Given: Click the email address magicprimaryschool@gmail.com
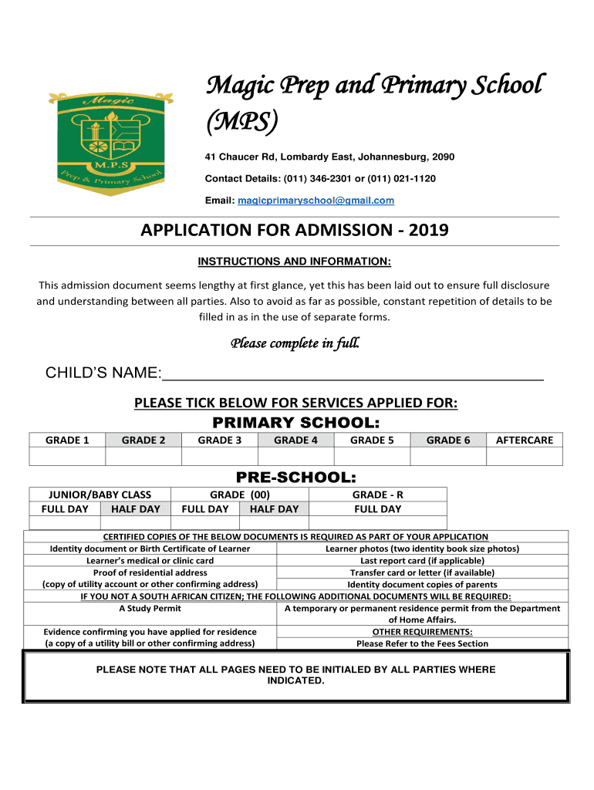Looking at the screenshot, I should click(x=316, y=201).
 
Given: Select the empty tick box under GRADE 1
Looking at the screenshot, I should click(x=67, y=457).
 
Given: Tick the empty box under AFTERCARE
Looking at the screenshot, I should click(x=525, y=457).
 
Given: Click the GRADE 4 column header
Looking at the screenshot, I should click(x=295, y=440).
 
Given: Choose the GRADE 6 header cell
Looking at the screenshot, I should click(x=448, y=440).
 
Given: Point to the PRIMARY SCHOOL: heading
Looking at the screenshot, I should click(x=296, y=422).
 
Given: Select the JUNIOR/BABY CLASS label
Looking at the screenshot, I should click(x=100, y=495).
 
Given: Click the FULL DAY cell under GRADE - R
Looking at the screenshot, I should click(x=377, y=509).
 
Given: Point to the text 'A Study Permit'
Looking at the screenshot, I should click(x=150, y=608).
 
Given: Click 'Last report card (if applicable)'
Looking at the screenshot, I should click(x=422, y=561).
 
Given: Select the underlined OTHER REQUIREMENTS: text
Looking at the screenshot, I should click(x=422, y=631).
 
